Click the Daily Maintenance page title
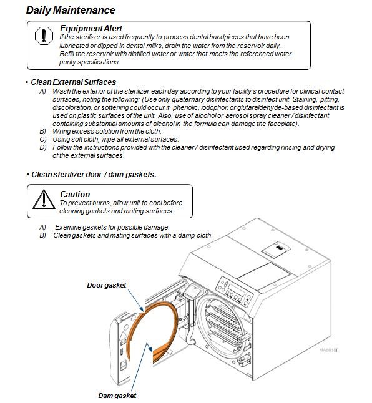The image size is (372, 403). (x=71, y=10)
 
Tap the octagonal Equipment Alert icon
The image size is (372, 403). (x=44, y=36)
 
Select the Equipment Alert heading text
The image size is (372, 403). (x=91, y=28)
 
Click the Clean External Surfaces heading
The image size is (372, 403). (x=73, y=82)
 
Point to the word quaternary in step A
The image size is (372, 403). (x=188, y=99)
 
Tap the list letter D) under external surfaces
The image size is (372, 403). (x=43, y=147)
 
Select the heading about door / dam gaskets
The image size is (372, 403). (x=94, y=175)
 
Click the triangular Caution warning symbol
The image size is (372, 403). (x=44, y=200)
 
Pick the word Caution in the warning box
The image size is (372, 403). (x=75, y=194)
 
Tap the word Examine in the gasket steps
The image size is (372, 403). (x=68, y=227)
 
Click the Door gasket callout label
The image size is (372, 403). (x=107, y=285)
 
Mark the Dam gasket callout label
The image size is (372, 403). (x=117, y=396)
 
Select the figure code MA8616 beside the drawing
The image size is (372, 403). (x=328, y=350)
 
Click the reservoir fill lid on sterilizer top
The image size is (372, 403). (x=276, y=250)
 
